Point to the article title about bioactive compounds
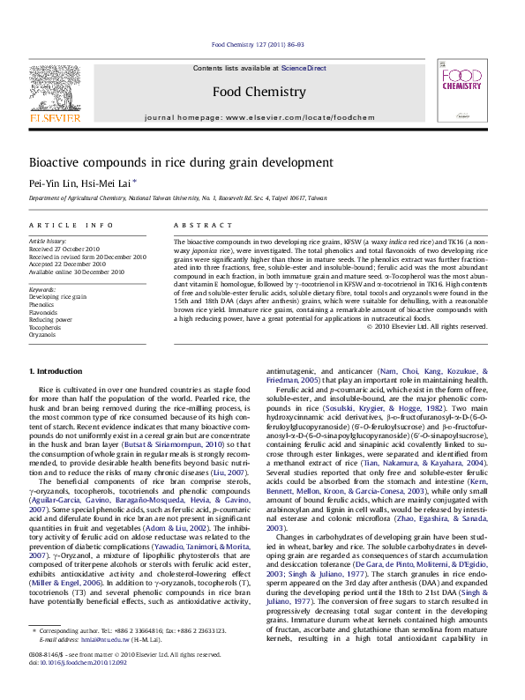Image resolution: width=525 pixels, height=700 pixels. click(x=181, y=162)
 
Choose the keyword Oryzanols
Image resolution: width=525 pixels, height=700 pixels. click(x=42, y=335)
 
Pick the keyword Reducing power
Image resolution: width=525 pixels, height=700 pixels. click(x=50, y=319)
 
